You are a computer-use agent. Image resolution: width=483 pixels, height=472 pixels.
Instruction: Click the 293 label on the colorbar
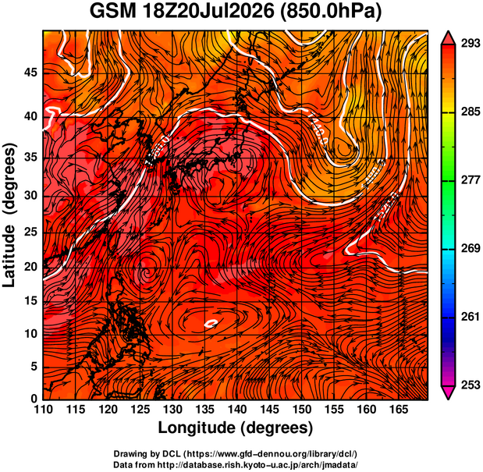coord(471,44)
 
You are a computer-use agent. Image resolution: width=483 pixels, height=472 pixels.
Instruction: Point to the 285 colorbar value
coord(471,112)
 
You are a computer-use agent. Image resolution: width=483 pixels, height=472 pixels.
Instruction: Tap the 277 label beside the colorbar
coord(471,180)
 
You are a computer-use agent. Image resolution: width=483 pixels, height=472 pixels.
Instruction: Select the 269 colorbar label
coord(471,248)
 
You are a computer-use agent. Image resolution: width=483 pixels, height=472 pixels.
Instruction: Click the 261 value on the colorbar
coord(471,317)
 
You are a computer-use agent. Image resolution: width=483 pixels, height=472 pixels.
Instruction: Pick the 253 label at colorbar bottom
coord(471,385)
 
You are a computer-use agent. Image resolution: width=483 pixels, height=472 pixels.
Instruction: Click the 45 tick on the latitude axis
coord(30,73)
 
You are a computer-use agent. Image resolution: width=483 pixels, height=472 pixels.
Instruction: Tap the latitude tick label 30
coord(30,195)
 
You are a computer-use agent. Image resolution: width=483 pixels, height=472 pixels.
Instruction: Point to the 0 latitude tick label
coord(34,399)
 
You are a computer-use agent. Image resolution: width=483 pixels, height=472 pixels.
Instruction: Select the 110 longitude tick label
coord(43,410)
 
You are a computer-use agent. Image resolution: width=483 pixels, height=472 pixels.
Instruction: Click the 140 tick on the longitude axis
coord(237,410)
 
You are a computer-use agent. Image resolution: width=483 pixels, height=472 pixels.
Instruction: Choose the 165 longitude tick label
coord(399,410)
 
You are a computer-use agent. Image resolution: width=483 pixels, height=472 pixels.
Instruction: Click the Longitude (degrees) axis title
coord(236,428)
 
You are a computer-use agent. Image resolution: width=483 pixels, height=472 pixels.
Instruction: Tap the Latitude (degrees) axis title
coord(9,215)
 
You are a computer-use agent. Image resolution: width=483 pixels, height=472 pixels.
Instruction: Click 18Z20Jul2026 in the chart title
coord(208,12)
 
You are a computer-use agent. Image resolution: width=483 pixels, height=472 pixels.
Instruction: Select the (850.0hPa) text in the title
coord(331,12)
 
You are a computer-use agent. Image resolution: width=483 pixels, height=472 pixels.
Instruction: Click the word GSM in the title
coord(112,12)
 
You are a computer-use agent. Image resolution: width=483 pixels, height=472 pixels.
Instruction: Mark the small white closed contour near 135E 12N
coord(211,323)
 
